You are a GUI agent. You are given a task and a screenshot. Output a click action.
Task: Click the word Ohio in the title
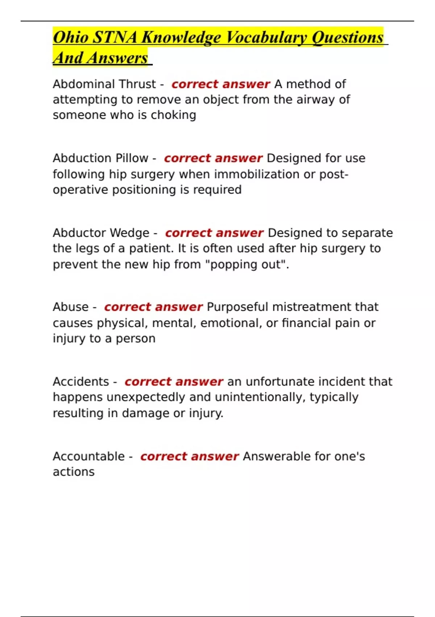coord(70,37)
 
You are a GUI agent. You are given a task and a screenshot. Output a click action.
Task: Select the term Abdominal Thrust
coord(104,84)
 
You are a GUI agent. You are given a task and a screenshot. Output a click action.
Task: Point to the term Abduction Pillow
coord(100,158)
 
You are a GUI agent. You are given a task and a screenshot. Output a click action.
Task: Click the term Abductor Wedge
coord(101,233)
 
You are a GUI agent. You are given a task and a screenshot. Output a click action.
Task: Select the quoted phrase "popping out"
coord(246,264)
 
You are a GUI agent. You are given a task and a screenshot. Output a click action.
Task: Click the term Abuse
coord(70,307)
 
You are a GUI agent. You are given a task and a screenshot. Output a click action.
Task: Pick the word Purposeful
coord(237,307)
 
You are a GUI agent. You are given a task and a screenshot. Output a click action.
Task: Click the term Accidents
coord(81,382)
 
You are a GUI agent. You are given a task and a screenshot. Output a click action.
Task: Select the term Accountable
coord(88,456)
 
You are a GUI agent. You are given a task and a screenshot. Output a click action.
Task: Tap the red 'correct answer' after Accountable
coord(189,456)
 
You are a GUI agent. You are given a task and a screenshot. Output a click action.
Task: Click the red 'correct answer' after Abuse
coord(153,307)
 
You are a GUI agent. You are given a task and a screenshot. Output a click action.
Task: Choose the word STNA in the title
coord(115,37)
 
